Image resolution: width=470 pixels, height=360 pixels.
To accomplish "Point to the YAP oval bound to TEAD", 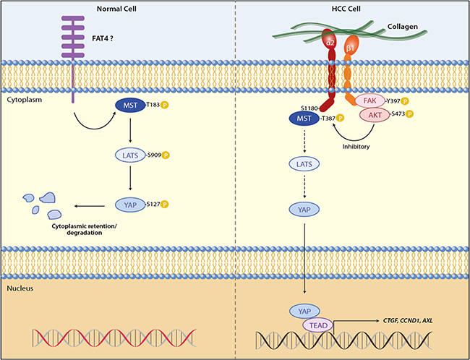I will click(x=304, y=310).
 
